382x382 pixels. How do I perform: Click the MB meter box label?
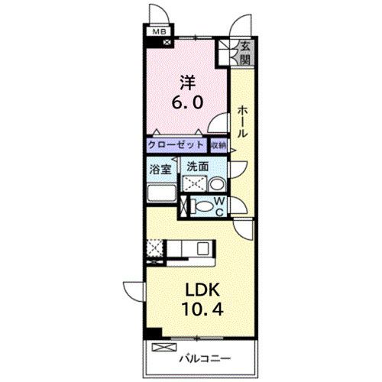tap(159, 32)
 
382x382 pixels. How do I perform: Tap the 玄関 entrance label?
tap(245, 53)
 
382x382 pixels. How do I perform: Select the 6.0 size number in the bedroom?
tap(187, 102)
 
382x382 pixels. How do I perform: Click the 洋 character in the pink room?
tap(188, 83)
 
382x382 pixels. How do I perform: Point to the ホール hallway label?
tap(242, 122)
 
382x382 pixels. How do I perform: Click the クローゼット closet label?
tap(176, 145)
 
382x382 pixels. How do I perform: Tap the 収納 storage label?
tap(219, 145)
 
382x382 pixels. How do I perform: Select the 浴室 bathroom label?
tap(160, 170)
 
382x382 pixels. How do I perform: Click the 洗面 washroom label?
tap(198, 167)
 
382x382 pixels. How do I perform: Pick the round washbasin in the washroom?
tap(216, 184)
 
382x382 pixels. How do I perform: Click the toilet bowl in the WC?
tap(205, 206)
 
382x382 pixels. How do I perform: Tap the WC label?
tap(219, 207)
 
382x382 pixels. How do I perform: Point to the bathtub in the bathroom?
tap(161, 193)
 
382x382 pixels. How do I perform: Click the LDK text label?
tap(202, 290)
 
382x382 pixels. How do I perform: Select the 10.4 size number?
tap(202, 309)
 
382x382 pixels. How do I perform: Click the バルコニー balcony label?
tap(205, 359)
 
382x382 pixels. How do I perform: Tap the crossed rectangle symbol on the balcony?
tap(164, 347)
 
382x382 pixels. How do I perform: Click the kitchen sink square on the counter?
tap(202, 248)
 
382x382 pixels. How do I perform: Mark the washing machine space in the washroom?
tap(195, 183)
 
